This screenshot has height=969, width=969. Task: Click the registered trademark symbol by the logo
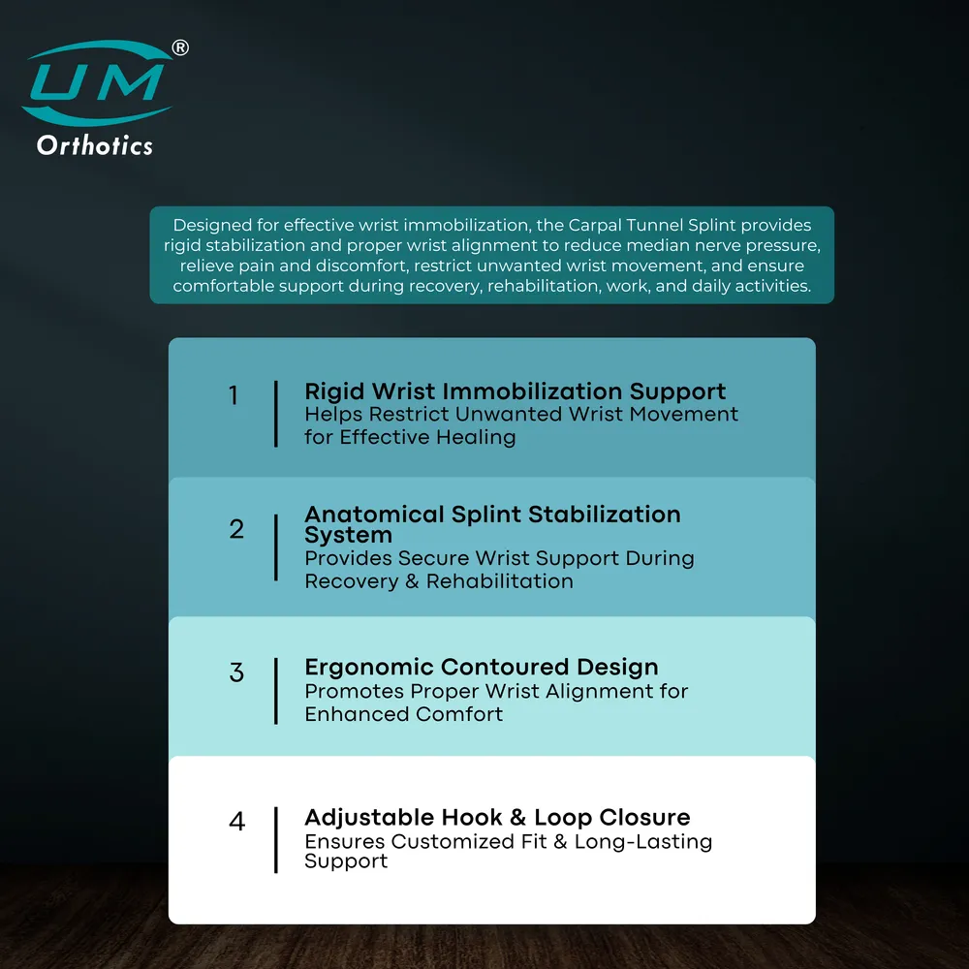[x=180, y=47]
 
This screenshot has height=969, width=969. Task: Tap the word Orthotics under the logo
[x=95, y=146]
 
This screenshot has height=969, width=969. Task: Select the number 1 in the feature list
[x=234, y=395]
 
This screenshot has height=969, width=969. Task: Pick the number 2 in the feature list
[x=236, y=529]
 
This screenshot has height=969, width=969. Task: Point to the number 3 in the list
[x=236, y=672]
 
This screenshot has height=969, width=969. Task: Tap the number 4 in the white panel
[x=237, y=822]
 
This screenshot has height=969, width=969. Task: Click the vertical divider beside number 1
[x=275, y=414]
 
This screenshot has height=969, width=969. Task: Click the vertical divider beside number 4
[x=275, y=840]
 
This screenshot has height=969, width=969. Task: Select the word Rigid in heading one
[x=334, y=391]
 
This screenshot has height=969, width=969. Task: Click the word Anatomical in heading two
[x=374, y=515]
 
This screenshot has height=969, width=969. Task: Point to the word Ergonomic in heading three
[x=369, y=668]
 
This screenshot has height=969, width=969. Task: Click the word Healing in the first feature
[x=476, y=438]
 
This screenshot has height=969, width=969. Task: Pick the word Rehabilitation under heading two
[x=500, y=581]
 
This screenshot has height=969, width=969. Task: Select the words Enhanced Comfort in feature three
[x=403, y=714]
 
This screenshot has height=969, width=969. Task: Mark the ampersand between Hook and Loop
[x=517, y=818]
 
